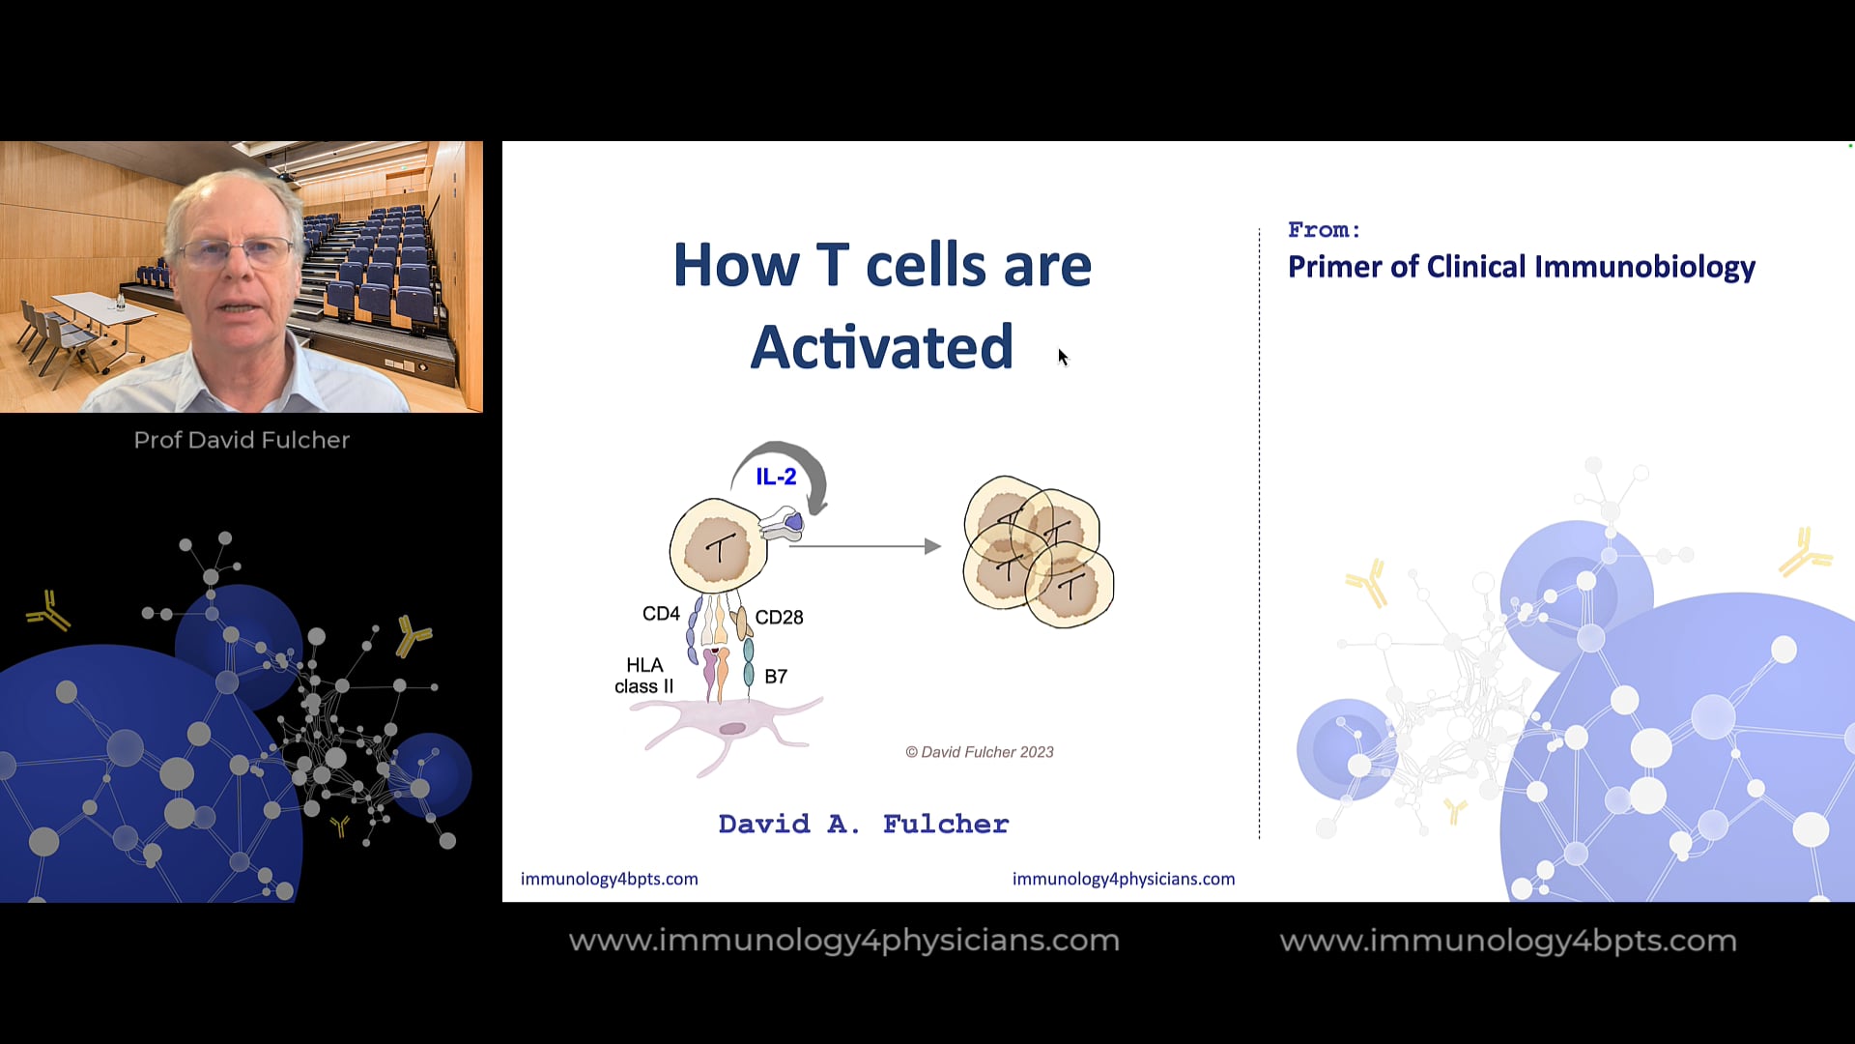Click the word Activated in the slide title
(881, 347)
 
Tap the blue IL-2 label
(776, 477)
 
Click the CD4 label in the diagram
(661, 614)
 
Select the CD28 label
(779, 617)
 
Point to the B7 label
(775, 677)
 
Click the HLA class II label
(643, 676)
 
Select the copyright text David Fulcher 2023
(979, 752)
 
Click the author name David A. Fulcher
(863, 824)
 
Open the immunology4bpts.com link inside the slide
(609, 879)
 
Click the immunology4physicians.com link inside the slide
(1123, 879)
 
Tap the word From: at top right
(1324, 230)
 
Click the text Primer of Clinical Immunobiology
(1521, 267)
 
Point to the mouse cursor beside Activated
(1063, 357)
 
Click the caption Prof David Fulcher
(242, 440)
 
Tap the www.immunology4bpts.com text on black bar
(1507, 941)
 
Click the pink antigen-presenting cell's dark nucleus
(732, 728)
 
